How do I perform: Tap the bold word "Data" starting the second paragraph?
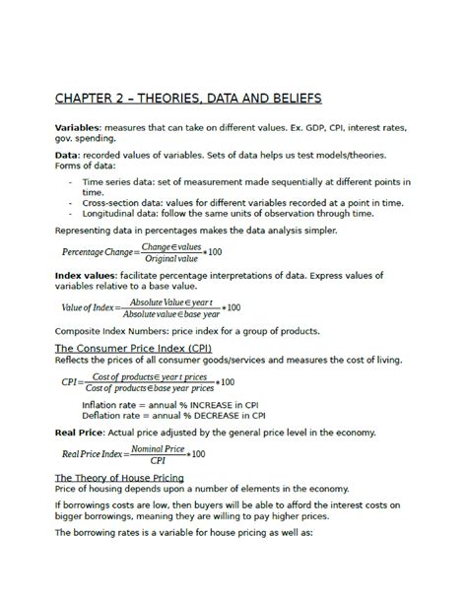(66, 156)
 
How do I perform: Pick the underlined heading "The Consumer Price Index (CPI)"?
(132, 349)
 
